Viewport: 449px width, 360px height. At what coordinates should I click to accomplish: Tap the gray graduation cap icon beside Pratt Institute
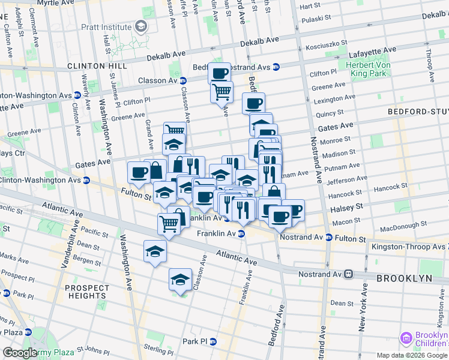[140, 26]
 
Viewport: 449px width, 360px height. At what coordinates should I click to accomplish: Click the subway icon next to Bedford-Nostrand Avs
[276, 67]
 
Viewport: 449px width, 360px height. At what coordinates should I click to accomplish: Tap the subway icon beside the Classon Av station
[182, 80]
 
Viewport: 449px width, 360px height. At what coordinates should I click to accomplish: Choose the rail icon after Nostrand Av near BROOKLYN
[348, 274]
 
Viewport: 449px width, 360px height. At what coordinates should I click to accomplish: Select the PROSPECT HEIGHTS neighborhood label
[87, 292]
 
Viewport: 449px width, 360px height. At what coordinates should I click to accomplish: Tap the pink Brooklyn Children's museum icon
[407, 339]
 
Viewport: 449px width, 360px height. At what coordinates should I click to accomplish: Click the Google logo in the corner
[20, 353]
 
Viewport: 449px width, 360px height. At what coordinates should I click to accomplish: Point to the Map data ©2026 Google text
[412, 355]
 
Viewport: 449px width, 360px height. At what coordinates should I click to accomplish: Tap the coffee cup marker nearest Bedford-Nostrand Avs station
[220, 73]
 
